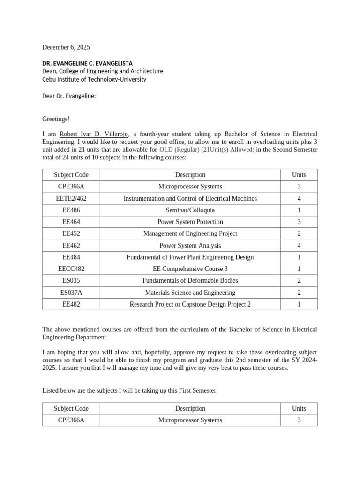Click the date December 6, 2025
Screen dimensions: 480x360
[66, 47]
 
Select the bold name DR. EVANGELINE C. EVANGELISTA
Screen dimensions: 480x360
[88, 63]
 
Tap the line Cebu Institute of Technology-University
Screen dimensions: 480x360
[94, 79]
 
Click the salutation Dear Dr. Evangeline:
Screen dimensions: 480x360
[69, 96]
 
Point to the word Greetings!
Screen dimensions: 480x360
[56, 120]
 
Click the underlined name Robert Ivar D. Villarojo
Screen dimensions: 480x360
[94, 134]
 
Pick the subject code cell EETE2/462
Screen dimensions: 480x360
[71, 199]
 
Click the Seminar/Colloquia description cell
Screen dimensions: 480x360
[190, 210]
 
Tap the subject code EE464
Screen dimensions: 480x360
[71, 222]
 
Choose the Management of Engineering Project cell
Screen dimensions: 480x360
[190, 234]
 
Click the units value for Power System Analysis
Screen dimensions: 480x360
[299, 246]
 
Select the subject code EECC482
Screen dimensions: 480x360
[71, 269]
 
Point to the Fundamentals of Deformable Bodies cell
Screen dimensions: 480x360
[190, 281]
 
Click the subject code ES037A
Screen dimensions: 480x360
[71, 292]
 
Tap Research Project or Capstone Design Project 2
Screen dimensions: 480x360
[190, 304]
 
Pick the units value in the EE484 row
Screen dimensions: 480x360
[299, 257]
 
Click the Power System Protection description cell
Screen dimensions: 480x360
[190, 222]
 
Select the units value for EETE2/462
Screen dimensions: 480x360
[299, 199]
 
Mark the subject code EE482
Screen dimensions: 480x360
[71, 304]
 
